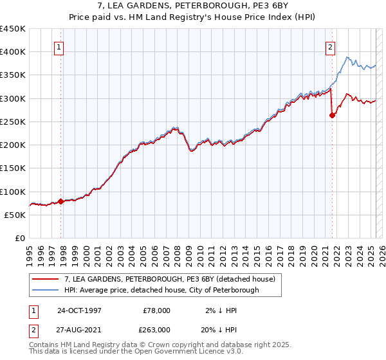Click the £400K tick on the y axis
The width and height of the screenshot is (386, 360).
point(13,52)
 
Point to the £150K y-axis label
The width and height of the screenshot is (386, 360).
point(13,168)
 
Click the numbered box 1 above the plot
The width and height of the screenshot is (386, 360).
point(59,47)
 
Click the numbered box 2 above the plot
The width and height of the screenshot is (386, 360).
point(330,47)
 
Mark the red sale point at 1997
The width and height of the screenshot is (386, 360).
point(61,201)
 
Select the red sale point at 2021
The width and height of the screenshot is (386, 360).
point(333,116)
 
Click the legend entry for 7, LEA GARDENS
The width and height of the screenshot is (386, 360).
point(169,279)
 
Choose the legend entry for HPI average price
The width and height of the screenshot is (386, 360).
point(161,291)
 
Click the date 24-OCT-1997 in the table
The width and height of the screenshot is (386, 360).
point(79,310)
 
